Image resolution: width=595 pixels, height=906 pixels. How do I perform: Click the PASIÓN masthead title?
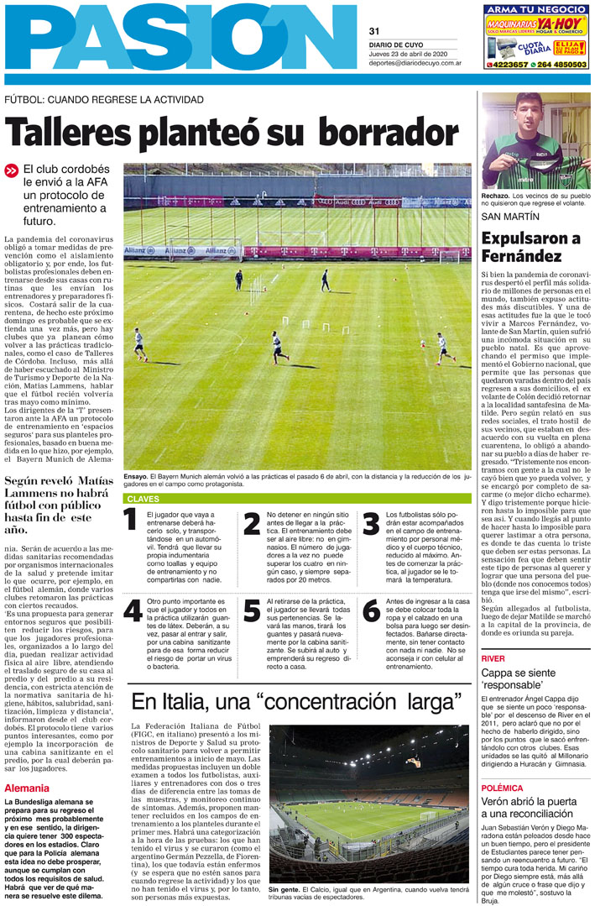(180, 39)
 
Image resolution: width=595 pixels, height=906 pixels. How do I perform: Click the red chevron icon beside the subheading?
(11, 170)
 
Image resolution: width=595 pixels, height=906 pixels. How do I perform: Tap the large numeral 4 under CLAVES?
(132, 611)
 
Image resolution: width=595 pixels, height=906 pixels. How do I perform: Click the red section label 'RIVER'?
(493, 658)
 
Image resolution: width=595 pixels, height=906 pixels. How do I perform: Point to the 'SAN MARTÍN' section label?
(505, 216)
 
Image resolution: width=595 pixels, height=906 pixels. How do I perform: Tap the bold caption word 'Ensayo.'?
(136, 476)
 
